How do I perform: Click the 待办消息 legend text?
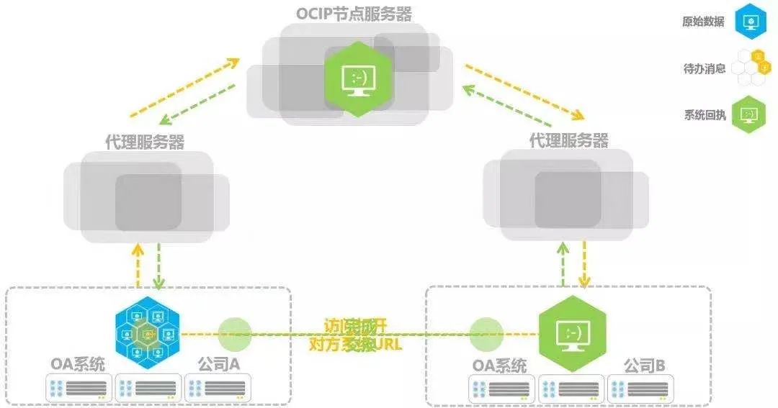(704, 68)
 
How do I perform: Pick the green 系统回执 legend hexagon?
(749, 114)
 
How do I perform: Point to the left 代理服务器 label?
(145, 142)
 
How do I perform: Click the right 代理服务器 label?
(569, 140)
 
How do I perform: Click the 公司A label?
(219, 365)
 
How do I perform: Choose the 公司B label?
(645, 365)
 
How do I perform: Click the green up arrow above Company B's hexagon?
(563, 263)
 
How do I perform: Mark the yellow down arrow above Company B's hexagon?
(584, 263)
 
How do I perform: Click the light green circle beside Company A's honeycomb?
(235, 334)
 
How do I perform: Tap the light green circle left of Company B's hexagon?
(486, 334)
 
